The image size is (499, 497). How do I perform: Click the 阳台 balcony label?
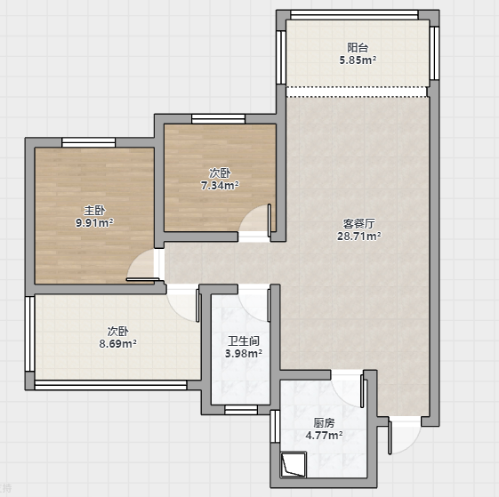tap(358, 48)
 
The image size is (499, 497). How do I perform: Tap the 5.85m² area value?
tap(358, 60)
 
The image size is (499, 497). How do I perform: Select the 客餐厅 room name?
tap(359, 224)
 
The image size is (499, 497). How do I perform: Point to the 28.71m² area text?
tap(359, 236)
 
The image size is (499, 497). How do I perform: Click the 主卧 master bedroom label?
tap(94, 211)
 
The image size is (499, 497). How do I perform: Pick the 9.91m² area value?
tap(94, 223)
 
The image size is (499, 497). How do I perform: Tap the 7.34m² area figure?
tap(220, 186)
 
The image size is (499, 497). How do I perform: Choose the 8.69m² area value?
tap(118, 344)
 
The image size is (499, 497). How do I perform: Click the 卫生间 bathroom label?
tap(244, 341)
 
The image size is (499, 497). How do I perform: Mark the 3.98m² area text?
tap(244, 354)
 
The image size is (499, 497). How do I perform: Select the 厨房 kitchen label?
tap(325, 423)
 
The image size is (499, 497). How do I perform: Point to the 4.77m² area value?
tap(325, 436)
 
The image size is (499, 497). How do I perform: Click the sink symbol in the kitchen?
tap(294, 464)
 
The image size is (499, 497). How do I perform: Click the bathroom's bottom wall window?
tap(241, 410)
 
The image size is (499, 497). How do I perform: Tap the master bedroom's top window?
tap(88, 142)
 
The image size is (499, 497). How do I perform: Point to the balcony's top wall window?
tap(354, 15)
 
